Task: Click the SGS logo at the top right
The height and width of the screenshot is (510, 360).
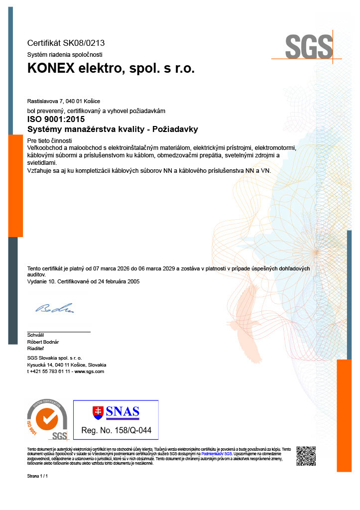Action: click(308, 47)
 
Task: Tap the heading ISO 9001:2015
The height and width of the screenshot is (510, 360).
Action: click(56, 119)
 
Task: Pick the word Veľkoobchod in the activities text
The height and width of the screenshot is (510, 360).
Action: click(46, 148)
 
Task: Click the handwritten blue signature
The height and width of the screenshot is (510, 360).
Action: click(54, 308)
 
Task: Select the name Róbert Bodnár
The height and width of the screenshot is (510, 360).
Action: click(43, 342)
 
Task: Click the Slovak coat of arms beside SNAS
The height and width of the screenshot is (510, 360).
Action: click(98, 412)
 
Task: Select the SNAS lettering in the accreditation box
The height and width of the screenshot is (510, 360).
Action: click(122, 412)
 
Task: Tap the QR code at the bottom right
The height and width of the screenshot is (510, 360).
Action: click(306, 456)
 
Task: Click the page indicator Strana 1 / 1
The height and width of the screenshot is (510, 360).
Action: click(37, 477)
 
